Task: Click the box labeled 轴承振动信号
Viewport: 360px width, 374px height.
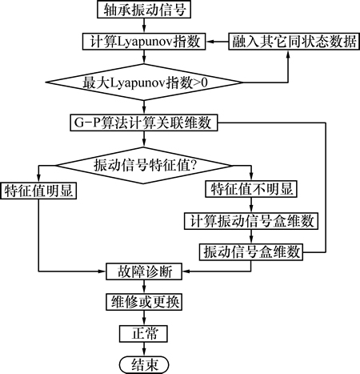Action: [x=144, y=10]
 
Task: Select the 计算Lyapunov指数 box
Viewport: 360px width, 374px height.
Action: [x=144, y=42]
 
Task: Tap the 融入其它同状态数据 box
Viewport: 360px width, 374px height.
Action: [x=294, y=42]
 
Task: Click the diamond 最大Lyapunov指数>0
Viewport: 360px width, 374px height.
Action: [x=144, y=82]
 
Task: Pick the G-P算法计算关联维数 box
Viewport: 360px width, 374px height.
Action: [x=144, y=123]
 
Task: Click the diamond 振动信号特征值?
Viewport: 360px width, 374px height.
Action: [x=144, y=166]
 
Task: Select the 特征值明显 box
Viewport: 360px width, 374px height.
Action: [x=38, y=191]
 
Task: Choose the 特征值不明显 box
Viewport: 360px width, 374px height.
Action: [x=251, y=189]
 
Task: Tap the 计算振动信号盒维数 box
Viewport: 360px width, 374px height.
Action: [x=251, y=221]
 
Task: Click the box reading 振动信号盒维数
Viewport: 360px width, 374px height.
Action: [x=251, y=252]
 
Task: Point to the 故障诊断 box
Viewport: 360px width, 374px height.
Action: [x=144, y=271]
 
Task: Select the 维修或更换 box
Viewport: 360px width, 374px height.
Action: [x=144, y=302]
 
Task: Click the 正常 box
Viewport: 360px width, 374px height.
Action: [x=144, y=333]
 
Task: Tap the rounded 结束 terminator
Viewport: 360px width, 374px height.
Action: [x=144, y=364]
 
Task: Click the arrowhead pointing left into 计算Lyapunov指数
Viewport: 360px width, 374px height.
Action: [x=209, y=42]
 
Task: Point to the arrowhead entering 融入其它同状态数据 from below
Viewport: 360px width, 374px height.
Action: [x=288, y=53]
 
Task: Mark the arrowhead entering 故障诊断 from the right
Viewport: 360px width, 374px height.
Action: [x=186, y=271]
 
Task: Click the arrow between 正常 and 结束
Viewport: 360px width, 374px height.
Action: [x=144, y=349]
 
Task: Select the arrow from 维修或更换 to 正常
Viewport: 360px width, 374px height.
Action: [x=144, y=318]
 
